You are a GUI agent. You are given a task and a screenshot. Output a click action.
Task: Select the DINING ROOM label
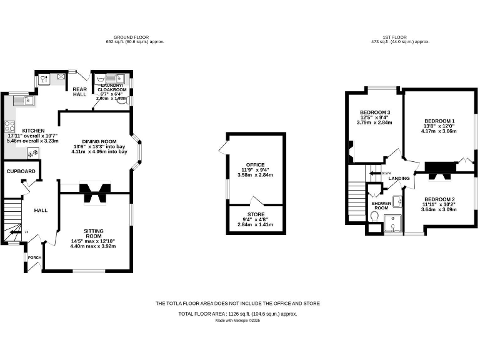(99, 141)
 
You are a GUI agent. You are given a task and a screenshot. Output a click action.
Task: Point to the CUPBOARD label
(21, 171)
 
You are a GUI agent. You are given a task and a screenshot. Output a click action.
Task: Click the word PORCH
(34, 257)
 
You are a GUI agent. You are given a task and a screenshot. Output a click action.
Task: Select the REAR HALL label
(79, 91)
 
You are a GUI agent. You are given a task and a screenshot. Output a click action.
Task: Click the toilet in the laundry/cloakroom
(121, 99)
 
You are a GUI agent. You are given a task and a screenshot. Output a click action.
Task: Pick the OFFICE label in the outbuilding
(255, 165)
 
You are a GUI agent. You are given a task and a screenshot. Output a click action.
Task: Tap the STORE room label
(255, 214)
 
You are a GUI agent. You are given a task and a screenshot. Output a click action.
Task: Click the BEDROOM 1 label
(439, 121)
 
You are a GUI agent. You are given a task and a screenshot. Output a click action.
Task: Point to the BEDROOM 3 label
(375, 112)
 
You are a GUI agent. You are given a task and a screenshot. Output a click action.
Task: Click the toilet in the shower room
(374, 216)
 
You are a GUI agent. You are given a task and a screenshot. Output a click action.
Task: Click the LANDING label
(399, 178)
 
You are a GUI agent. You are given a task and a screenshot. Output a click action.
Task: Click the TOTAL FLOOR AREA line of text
(237, 314)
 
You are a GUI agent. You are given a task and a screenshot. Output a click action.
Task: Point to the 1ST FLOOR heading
(399, 37)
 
